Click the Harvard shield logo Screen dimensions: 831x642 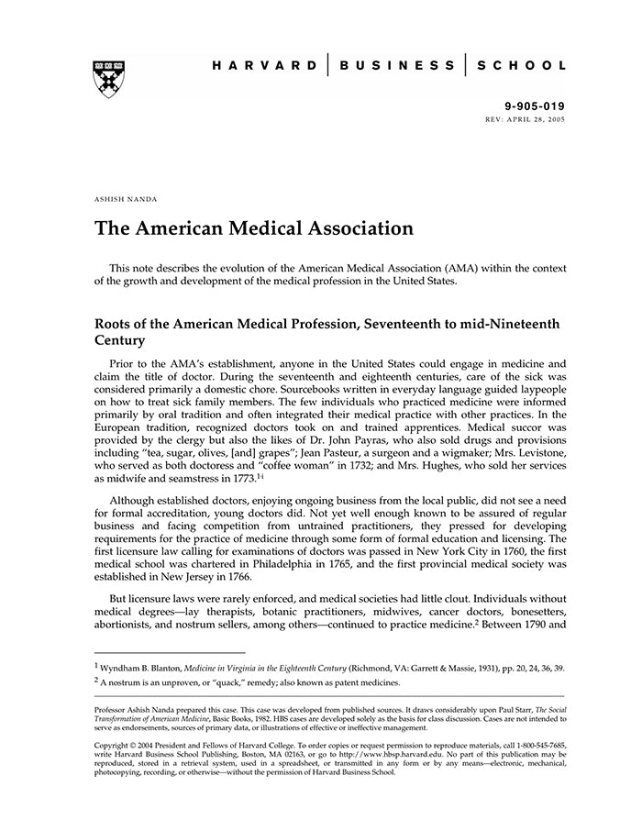coord(109,80)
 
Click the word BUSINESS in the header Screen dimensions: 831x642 coord(396,66)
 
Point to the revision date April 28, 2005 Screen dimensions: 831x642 coord(539,120)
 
